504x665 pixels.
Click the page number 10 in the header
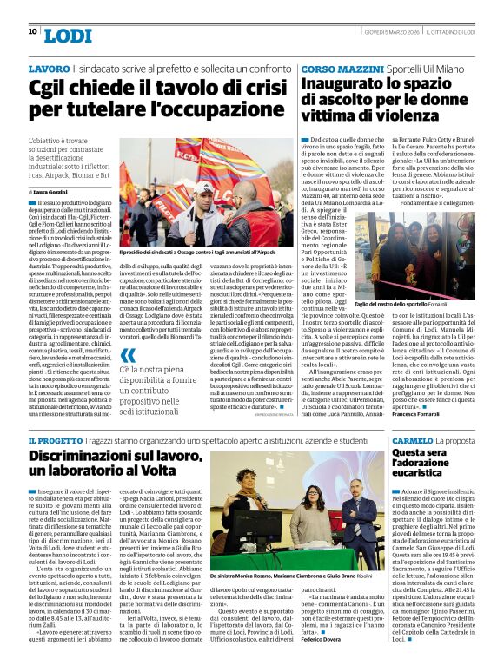tap(32, 31)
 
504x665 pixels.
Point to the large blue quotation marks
tap(128, 355)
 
